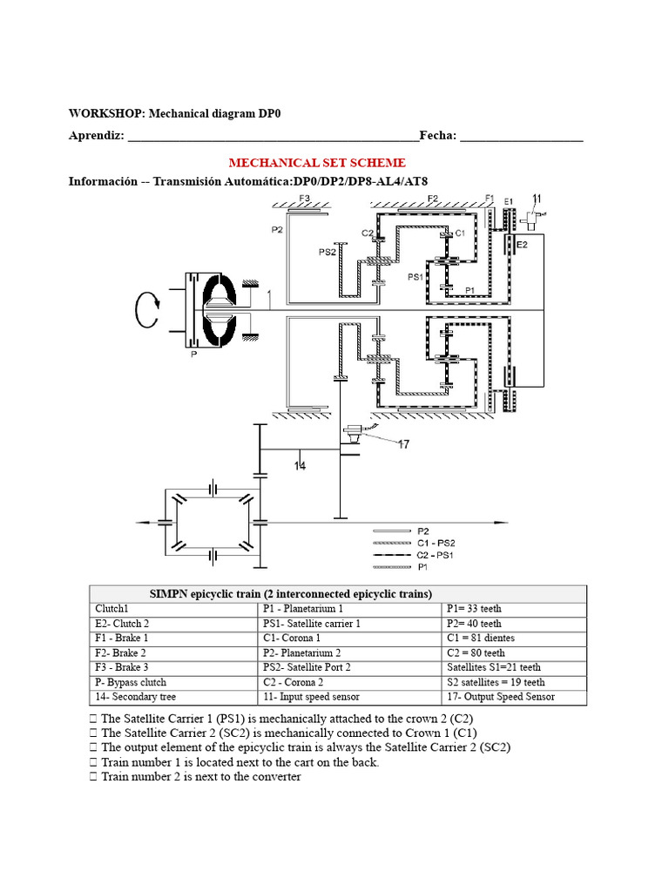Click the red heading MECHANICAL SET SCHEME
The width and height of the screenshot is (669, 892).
pos(317,163)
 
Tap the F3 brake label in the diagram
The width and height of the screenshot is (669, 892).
pos(304,199)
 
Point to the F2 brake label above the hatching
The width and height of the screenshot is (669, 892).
pos(433,199)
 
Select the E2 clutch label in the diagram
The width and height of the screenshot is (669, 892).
pos(522,245)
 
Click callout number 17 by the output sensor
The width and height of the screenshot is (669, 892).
pos(403,444)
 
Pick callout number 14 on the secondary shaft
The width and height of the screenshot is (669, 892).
pos(300,466)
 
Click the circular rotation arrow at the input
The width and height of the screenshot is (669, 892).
pos(146,309)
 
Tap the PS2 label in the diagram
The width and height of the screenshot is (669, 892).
pos(328,252)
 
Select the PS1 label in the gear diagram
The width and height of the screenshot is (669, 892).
pos(416,277)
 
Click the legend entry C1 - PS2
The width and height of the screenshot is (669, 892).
pos(436,544)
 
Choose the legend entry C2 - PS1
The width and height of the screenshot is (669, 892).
pos(436,555)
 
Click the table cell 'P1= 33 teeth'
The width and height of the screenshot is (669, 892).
pos(474,609)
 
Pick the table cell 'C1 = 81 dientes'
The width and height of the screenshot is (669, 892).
pos(481,639)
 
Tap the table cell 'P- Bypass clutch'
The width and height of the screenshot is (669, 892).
pos(131,682)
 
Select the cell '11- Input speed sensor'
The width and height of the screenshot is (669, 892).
pos(311,697)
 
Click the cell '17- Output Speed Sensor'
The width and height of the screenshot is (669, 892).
pos(501,697)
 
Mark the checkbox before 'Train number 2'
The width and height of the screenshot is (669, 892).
pos(93,777)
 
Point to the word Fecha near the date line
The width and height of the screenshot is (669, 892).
pos(438,135)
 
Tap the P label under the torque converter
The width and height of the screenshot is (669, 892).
pos(193,355)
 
